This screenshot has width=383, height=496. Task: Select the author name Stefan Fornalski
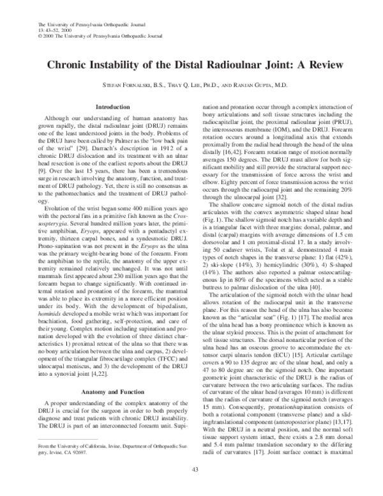pos(128,85)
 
